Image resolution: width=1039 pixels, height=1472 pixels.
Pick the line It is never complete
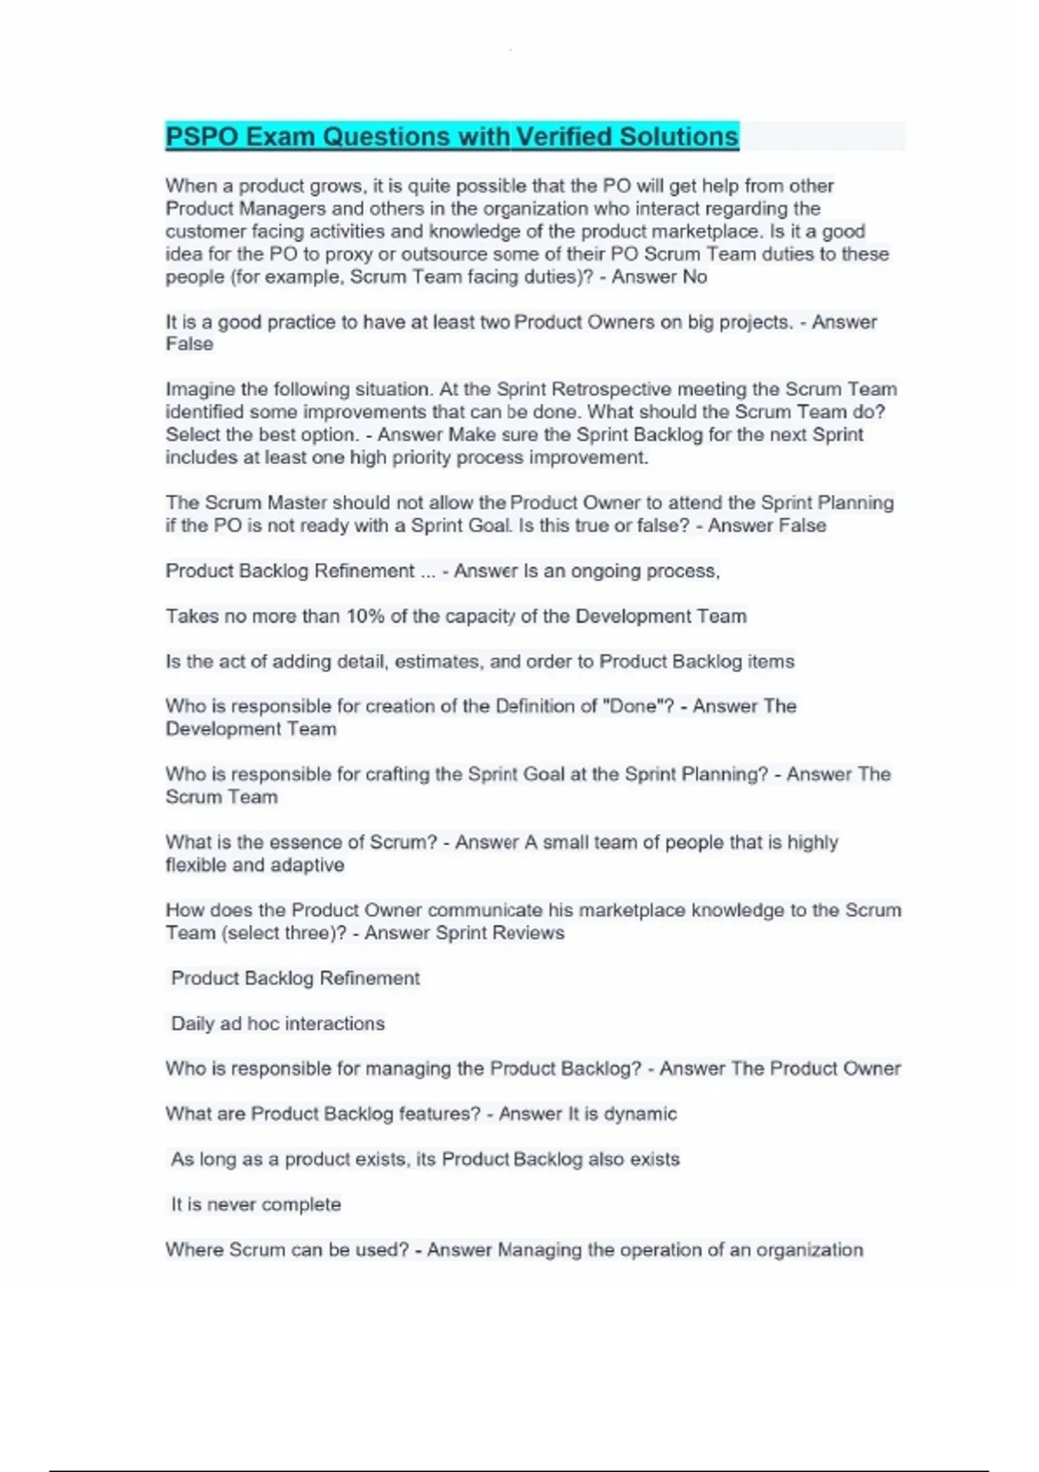click(x=255, y=1204)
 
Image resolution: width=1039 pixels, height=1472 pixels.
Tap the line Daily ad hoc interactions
click(x=277, y=1023)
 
